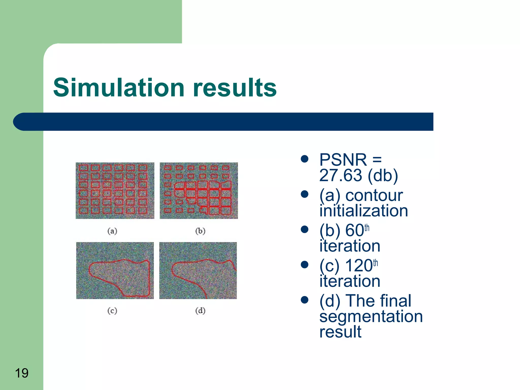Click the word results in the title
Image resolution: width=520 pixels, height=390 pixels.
(x=235, y=88)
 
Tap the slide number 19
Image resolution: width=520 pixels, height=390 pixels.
(x=22, y=373)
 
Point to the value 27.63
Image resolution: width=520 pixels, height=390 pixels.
(x=340, y=175)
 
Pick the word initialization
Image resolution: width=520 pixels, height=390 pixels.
(x=364, y=211)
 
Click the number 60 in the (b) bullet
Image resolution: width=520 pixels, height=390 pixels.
(x=354, y=231)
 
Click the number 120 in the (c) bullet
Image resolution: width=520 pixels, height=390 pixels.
(x=359, y=266)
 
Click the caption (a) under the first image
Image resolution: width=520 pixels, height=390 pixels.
(x=112, y=231)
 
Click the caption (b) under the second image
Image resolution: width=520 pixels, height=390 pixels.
(x=200, y=231)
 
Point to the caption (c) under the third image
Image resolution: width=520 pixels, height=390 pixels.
(x=112, y=311)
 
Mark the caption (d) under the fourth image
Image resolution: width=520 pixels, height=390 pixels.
(x=200, y=311)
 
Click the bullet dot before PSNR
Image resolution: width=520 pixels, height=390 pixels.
(x=304, y=159)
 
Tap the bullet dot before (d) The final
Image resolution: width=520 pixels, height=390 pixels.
(x=304, y=300)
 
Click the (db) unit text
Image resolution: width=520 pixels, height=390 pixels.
(x=383, y=175)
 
